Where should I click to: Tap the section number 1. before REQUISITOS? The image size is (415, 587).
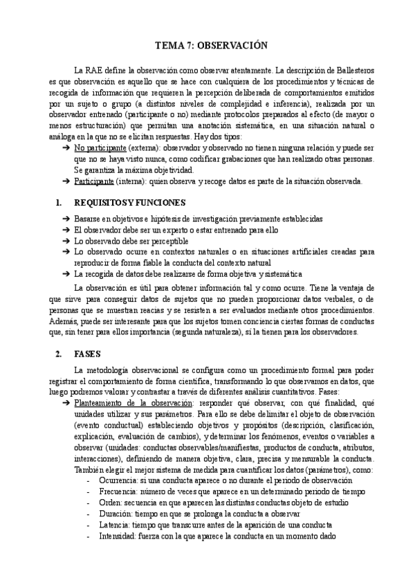click(59, 203)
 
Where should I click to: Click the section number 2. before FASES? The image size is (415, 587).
click(59, 353)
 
